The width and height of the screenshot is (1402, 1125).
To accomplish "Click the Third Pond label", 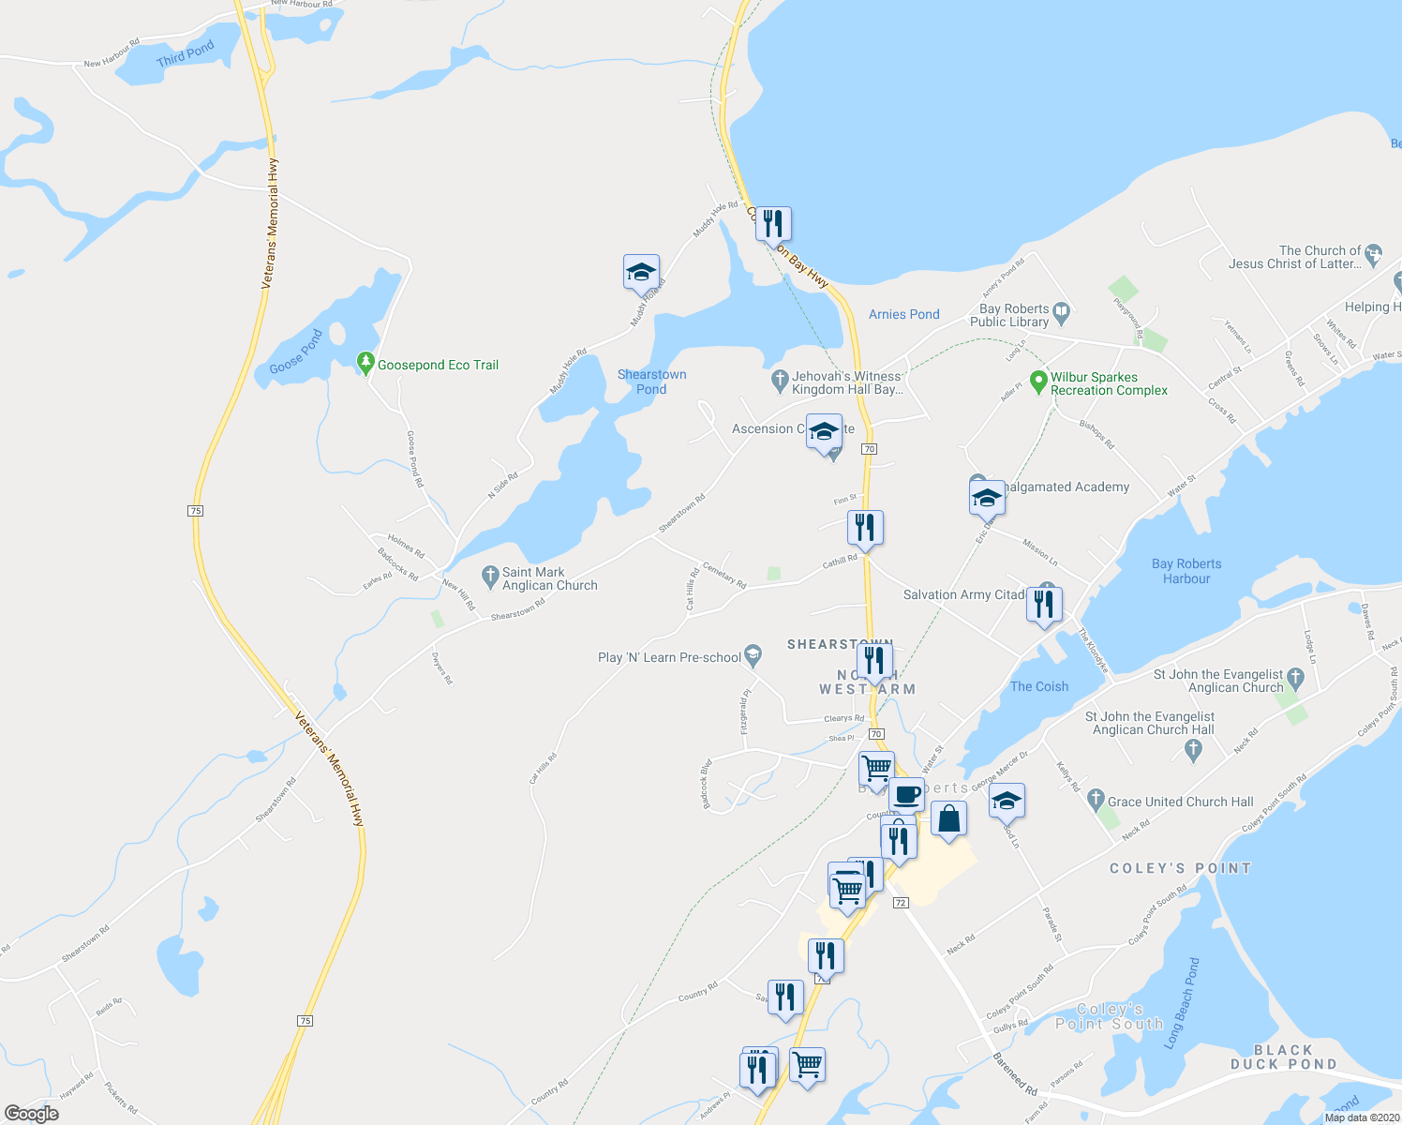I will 186,54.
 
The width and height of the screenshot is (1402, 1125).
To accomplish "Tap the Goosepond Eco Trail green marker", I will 365,363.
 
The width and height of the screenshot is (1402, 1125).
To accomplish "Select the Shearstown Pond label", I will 651,382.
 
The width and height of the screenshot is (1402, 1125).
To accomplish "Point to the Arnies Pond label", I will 903,314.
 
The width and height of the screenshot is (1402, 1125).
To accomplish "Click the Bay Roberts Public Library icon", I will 1061,310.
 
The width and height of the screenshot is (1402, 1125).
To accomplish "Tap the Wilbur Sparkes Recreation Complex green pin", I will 1037,382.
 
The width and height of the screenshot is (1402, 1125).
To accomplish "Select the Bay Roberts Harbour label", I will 1186,571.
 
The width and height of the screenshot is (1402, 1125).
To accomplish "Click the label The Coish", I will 1039,686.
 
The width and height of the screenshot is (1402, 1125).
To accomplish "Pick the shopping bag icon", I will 948,819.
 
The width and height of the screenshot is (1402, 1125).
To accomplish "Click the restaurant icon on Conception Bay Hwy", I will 773,223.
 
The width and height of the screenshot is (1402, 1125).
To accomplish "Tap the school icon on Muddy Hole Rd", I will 641,272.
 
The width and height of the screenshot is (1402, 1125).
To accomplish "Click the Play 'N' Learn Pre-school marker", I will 752,655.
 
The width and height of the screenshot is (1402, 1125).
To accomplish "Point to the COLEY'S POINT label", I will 1180,868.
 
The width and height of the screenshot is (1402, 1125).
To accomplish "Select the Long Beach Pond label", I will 1181,1003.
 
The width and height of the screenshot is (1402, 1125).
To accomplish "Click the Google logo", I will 32,1113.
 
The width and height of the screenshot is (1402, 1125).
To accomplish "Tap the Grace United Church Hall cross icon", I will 1096,801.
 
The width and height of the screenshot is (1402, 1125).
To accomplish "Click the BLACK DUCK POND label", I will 1283,1057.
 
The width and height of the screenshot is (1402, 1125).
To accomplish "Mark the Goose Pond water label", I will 296,352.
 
